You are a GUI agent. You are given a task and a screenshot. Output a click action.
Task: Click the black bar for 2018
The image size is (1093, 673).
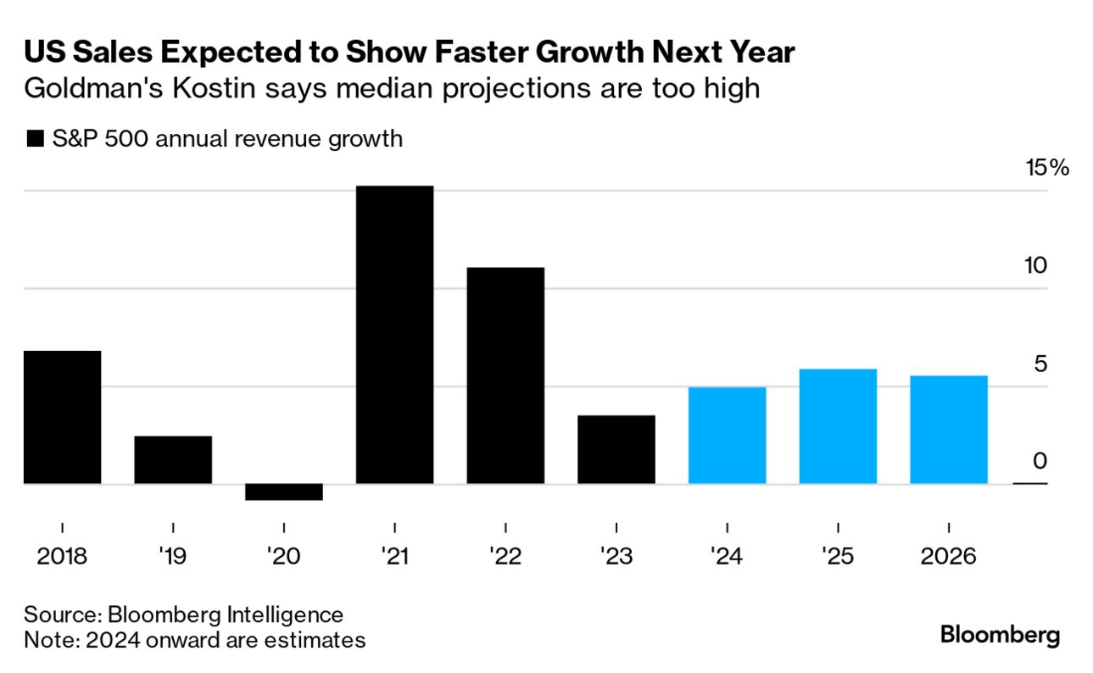point(62,417)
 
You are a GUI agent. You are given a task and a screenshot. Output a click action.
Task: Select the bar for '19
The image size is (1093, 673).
point(173,459)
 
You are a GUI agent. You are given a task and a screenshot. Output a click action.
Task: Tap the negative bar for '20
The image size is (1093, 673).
point(284,492)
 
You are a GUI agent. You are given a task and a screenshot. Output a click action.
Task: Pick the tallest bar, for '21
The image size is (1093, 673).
point(394,335)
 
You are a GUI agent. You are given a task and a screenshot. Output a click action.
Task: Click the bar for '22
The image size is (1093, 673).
point(505,375)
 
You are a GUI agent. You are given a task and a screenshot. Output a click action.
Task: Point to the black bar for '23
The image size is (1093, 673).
point(616,449)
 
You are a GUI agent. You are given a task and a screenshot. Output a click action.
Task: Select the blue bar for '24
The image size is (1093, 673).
point(727,436)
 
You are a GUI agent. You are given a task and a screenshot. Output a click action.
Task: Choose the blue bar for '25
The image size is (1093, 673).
point(838,426)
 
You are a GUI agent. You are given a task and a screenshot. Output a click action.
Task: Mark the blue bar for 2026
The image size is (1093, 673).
point(948,430)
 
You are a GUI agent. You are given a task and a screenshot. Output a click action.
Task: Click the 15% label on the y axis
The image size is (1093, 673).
point(1047,167)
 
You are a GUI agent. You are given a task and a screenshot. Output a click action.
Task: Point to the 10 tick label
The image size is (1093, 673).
point(1035,265)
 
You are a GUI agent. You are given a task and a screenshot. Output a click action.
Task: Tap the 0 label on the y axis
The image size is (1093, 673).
point(1041,462)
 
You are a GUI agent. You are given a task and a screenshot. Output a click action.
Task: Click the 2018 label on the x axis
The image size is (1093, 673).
point(62,557)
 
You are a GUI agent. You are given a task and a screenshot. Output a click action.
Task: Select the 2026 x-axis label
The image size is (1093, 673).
point(948,557)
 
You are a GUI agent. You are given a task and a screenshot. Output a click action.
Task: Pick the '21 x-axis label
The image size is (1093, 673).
point(394,557)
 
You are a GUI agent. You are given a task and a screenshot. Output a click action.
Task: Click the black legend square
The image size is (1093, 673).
point(35,139)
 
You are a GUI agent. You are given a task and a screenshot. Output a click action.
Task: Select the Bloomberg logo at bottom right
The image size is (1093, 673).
point(1000,634)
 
